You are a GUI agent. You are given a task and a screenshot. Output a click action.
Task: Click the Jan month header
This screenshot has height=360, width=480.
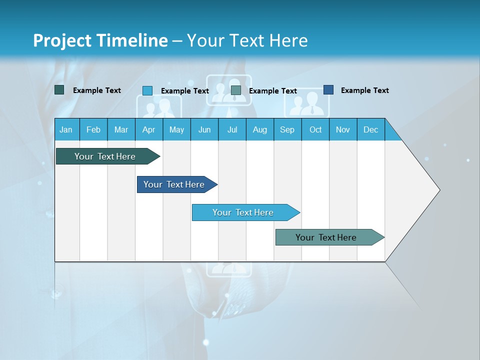point(66,129)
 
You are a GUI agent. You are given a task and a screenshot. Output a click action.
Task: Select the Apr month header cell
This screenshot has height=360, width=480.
point(149,129)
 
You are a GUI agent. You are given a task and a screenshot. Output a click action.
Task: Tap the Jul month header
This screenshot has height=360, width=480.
point(232,129)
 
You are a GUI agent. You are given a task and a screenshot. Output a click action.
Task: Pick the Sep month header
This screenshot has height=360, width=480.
point(287,129)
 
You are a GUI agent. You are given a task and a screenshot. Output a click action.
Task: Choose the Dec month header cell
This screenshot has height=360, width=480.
point(370,129)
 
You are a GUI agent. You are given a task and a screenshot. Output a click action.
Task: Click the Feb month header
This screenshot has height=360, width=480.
point(93,129)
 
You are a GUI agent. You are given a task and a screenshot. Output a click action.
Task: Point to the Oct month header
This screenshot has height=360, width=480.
point(315,129)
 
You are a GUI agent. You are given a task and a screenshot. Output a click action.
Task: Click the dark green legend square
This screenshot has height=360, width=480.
point(59,90)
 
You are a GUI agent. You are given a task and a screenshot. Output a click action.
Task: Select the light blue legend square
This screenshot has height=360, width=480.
point(147,90)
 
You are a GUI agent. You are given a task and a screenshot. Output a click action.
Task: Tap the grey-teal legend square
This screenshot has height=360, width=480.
point(236,90)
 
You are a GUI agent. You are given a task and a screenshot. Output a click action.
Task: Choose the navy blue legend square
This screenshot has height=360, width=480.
point(328,90)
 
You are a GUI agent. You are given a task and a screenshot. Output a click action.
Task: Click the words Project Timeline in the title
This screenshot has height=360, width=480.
point(100,40)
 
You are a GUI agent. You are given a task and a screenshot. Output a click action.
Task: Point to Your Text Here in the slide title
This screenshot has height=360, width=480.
point(247,40)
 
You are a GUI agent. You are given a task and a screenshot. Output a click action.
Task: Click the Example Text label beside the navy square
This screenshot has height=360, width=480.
point(364,90)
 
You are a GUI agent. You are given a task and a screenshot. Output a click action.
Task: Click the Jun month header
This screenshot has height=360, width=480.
point(204,129)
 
